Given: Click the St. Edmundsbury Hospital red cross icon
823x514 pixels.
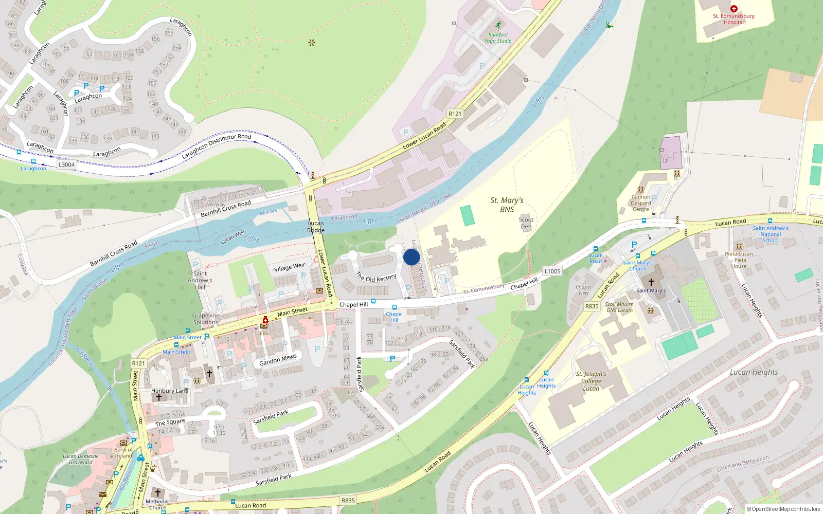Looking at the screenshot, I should [x=734, y=9].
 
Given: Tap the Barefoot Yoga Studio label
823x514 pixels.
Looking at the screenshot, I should [x=497, y=38].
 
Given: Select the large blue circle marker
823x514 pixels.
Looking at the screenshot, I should [x=411, y=257].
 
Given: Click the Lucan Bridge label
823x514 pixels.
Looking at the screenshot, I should [x=316, y=227].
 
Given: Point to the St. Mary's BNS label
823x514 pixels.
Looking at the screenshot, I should [x=507, y=205].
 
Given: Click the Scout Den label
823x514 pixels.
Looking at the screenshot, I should [x=526, y=223].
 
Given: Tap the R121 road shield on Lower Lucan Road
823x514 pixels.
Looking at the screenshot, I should [x=455, y=114].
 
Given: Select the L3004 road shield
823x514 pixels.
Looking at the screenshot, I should [x=66, y=164].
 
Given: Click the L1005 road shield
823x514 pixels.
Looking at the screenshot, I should [x=552, y=271].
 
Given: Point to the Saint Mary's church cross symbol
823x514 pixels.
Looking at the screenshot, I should [x=651, y=282].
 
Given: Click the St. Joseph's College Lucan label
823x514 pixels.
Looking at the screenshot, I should [x=591, y=381].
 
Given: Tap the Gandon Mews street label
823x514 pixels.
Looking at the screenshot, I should [x=278, y=360].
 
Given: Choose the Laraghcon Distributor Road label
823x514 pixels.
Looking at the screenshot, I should [x=216, y=146].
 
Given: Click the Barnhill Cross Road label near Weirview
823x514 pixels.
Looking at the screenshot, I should [x=226, y=209].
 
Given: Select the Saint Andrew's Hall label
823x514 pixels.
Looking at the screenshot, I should [x=200, y=280].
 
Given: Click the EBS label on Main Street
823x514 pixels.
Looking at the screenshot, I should [x=264, y=333].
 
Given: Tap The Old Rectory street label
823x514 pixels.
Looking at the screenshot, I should [x=376, y=278].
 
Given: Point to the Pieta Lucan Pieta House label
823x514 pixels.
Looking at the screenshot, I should [x=739, y=260].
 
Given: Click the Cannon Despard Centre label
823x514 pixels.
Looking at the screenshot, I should [x=641, y=203].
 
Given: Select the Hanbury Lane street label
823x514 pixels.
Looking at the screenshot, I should [x=170, y=391].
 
